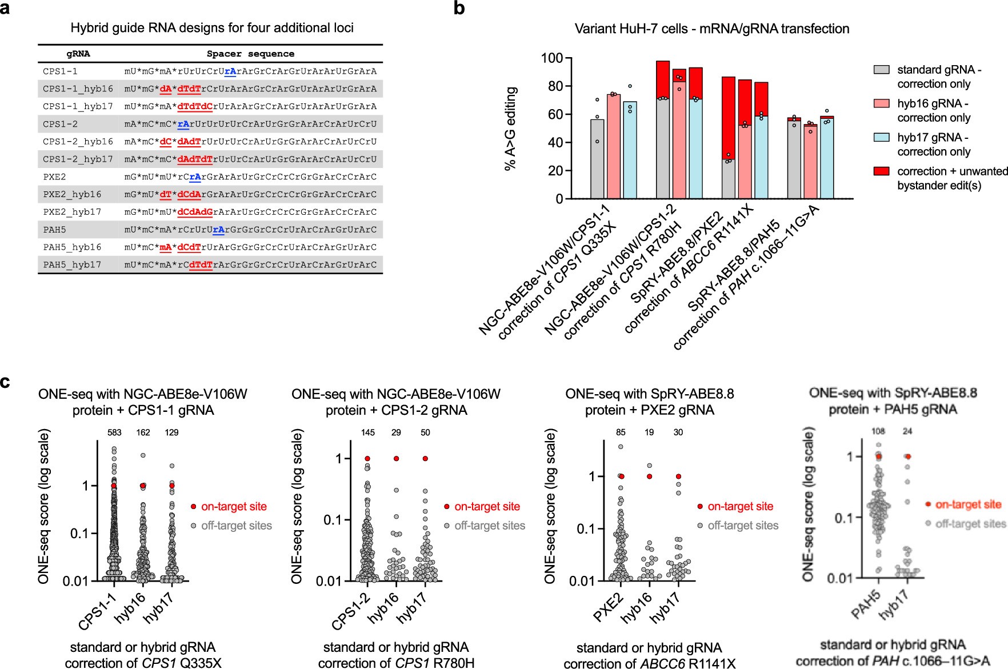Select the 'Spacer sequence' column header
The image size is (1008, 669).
250,54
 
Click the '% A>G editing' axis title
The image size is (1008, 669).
510,129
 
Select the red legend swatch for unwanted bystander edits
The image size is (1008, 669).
881,171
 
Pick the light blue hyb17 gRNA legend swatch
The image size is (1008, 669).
881,138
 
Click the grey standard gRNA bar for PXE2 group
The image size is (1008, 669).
728,179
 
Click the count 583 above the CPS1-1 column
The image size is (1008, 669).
114,432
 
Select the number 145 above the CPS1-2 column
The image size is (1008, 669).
367,432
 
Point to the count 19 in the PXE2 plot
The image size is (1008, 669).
649,432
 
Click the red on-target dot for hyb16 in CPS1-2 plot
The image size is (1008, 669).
396,459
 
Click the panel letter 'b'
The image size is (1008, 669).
459,9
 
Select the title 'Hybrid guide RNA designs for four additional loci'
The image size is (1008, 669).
212,28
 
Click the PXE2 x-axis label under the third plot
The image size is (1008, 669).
609,607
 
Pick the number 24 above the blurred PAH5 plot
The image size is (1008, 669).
907,431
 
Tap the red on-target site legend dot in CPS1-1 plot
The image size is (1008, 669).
194,507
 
